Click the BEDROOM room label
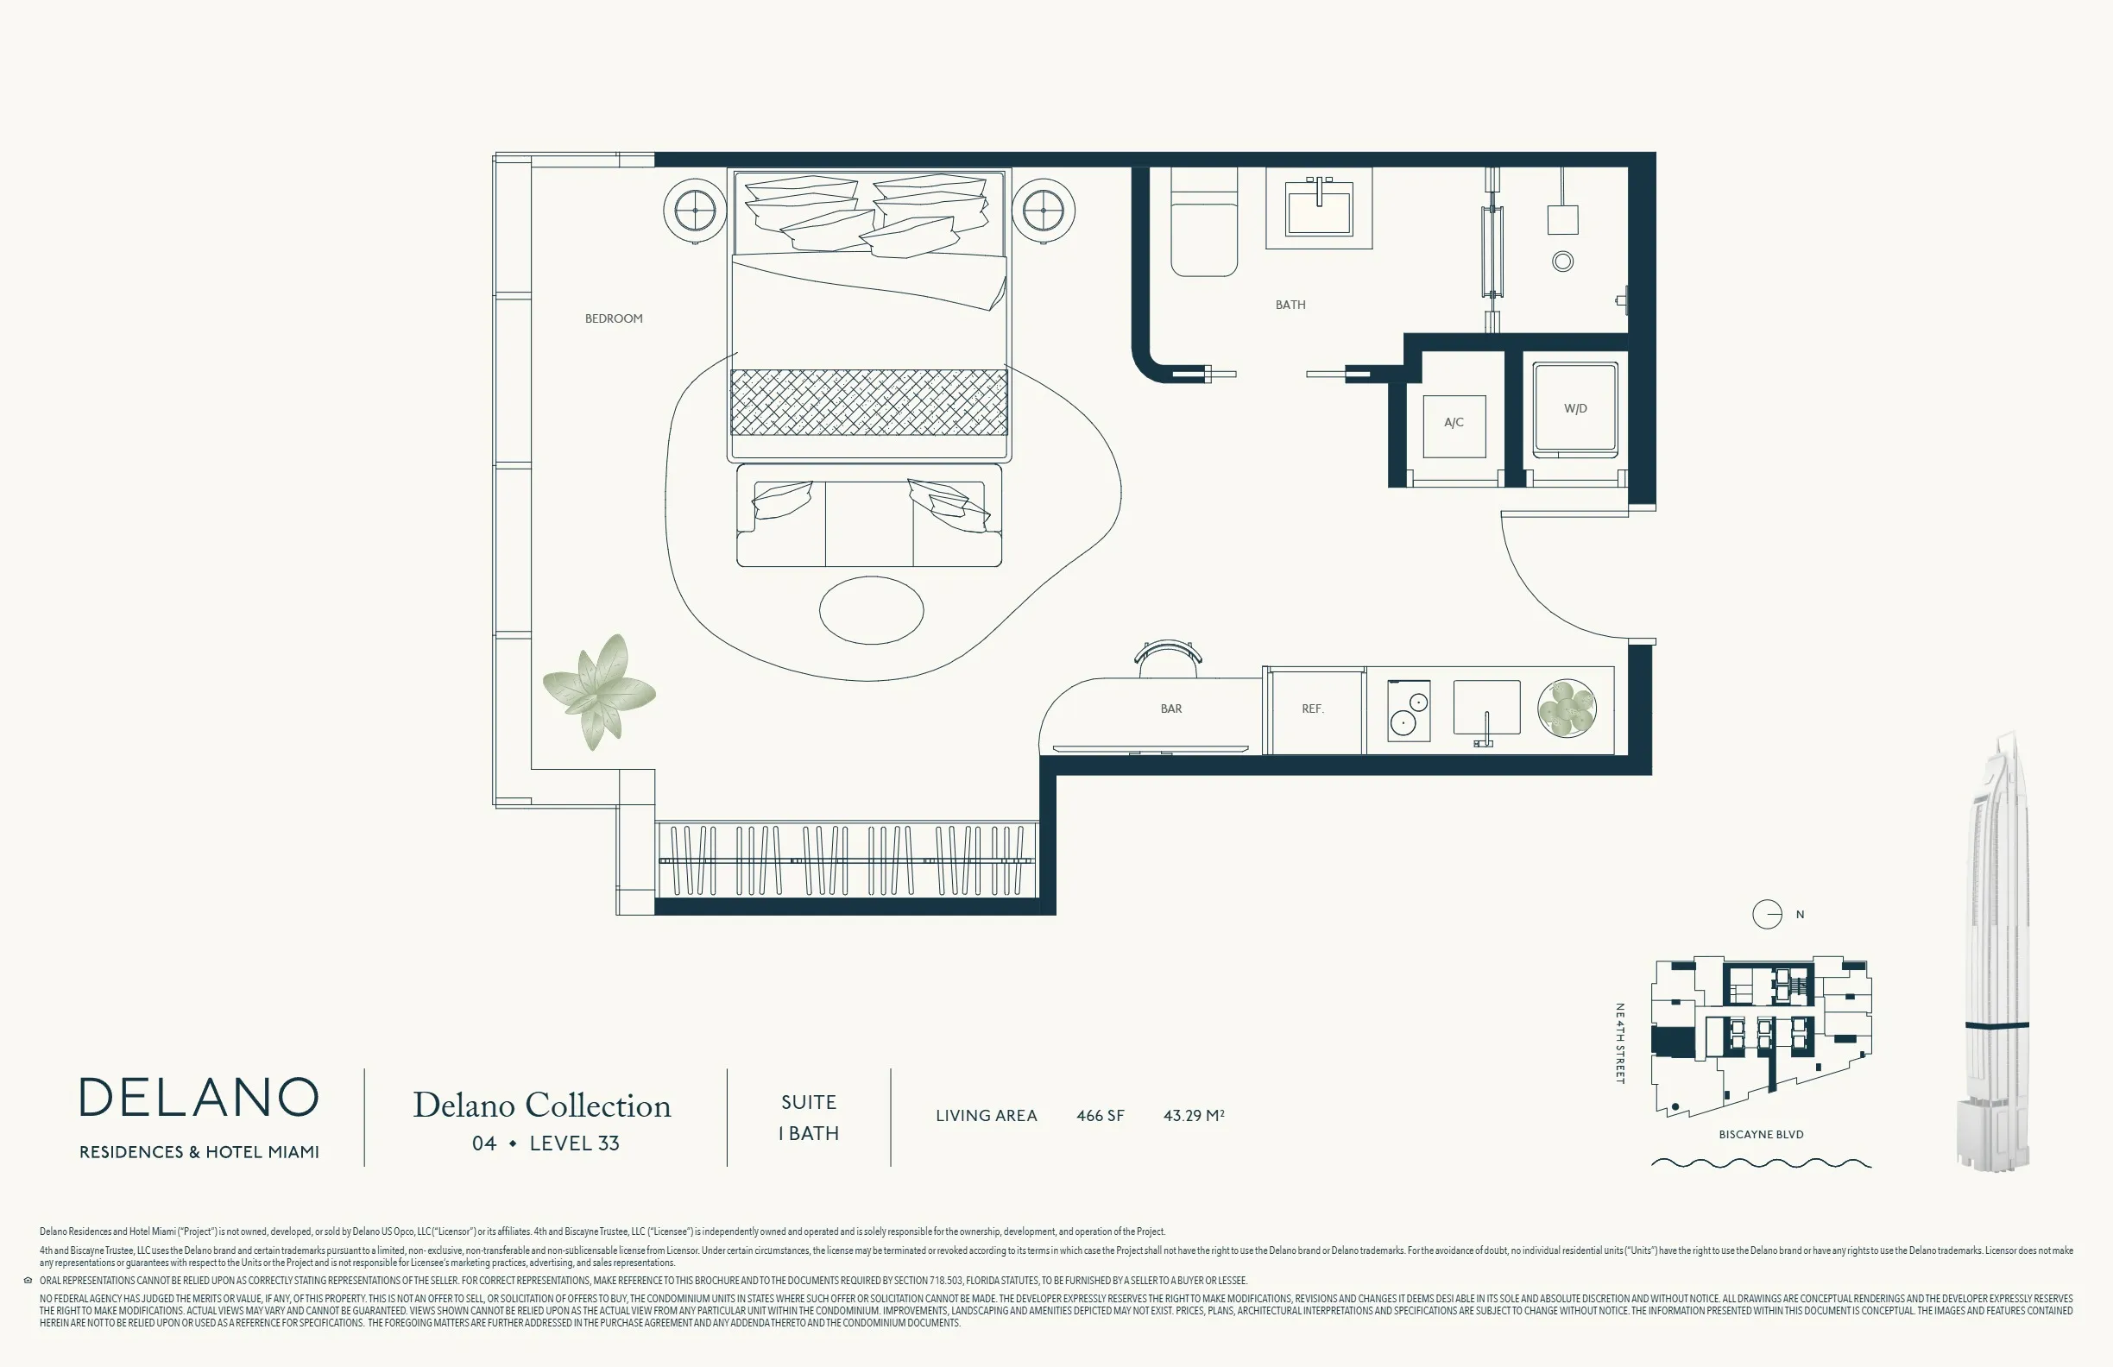coord(614,318)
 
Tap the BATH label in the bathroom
coord(1290,305)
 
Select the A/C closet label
coord(1454,423)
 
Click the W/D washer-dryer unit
coord(1576,409)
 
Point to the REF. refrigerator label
coord(1312,709)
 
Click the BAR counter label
coord(1171,709)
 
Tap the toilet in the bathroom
coord(1204,222)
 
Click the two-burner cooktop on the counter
coord(1409,711)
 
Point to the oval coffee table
coord(871,610)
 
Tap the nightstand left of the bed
coord(695,211)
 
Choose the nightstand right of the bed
coord(1044,211)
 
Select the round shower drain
coord(1562,261)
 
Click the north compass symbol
coord(1767,914)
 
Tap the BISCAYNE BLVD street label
coord(1761,1135)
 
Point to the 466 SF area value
coord(1100,1116)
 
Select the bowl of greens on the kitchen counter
coord(1567,709)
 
